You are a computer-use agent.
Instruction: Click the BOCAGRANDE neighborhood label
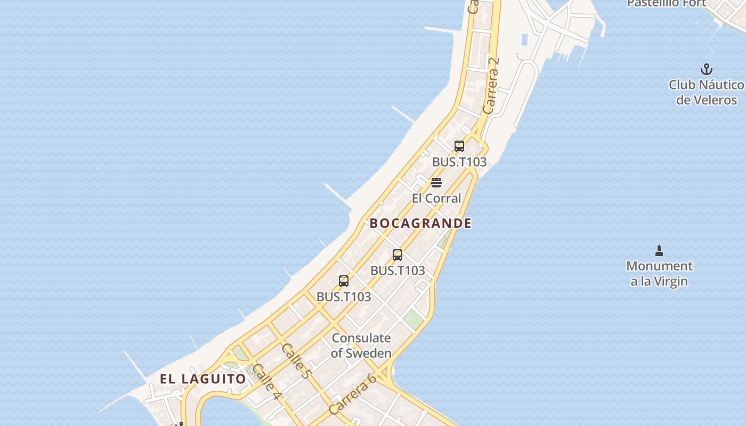point(420,223)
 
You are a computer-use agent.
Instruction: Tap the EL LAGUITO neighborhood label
point(203,379)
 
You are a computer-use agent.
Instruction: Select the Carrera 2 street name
point(492,85)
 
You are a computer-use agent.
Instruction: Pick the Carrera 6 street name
point(353,394)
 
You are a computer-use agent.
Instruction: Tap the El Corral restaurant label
point(436,198)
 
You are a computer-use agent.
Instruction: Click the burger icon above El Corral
point(436,183)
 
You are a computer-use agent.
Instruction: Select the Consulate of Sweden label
point(361,345)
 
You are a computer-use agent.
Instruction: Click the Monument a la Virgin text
point(659,273)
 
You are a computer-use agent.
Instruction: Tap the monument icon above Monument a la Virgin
point(659,250)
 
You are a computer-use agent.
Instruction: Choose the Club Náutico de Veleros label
point(706,92)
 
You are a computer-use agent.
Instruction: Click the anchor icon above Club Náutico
point(706,69)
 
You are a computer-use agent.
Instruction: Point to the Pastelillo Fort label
point(666,3)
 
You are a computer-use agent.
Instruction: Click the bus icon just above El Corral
point(459,146)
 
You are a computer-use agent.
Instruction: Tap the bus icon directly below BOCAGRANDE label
point(398,255)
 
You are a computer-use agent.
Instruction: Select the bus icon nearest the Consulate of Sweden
point(344,281)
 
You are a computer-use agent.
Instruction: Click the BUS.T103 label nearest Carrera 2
point(459,162)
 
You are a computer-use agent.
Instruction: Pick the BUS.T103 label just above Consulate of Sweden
point(344,297)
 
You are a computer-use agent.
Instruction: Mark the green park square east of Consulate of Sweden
point(412,318)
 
